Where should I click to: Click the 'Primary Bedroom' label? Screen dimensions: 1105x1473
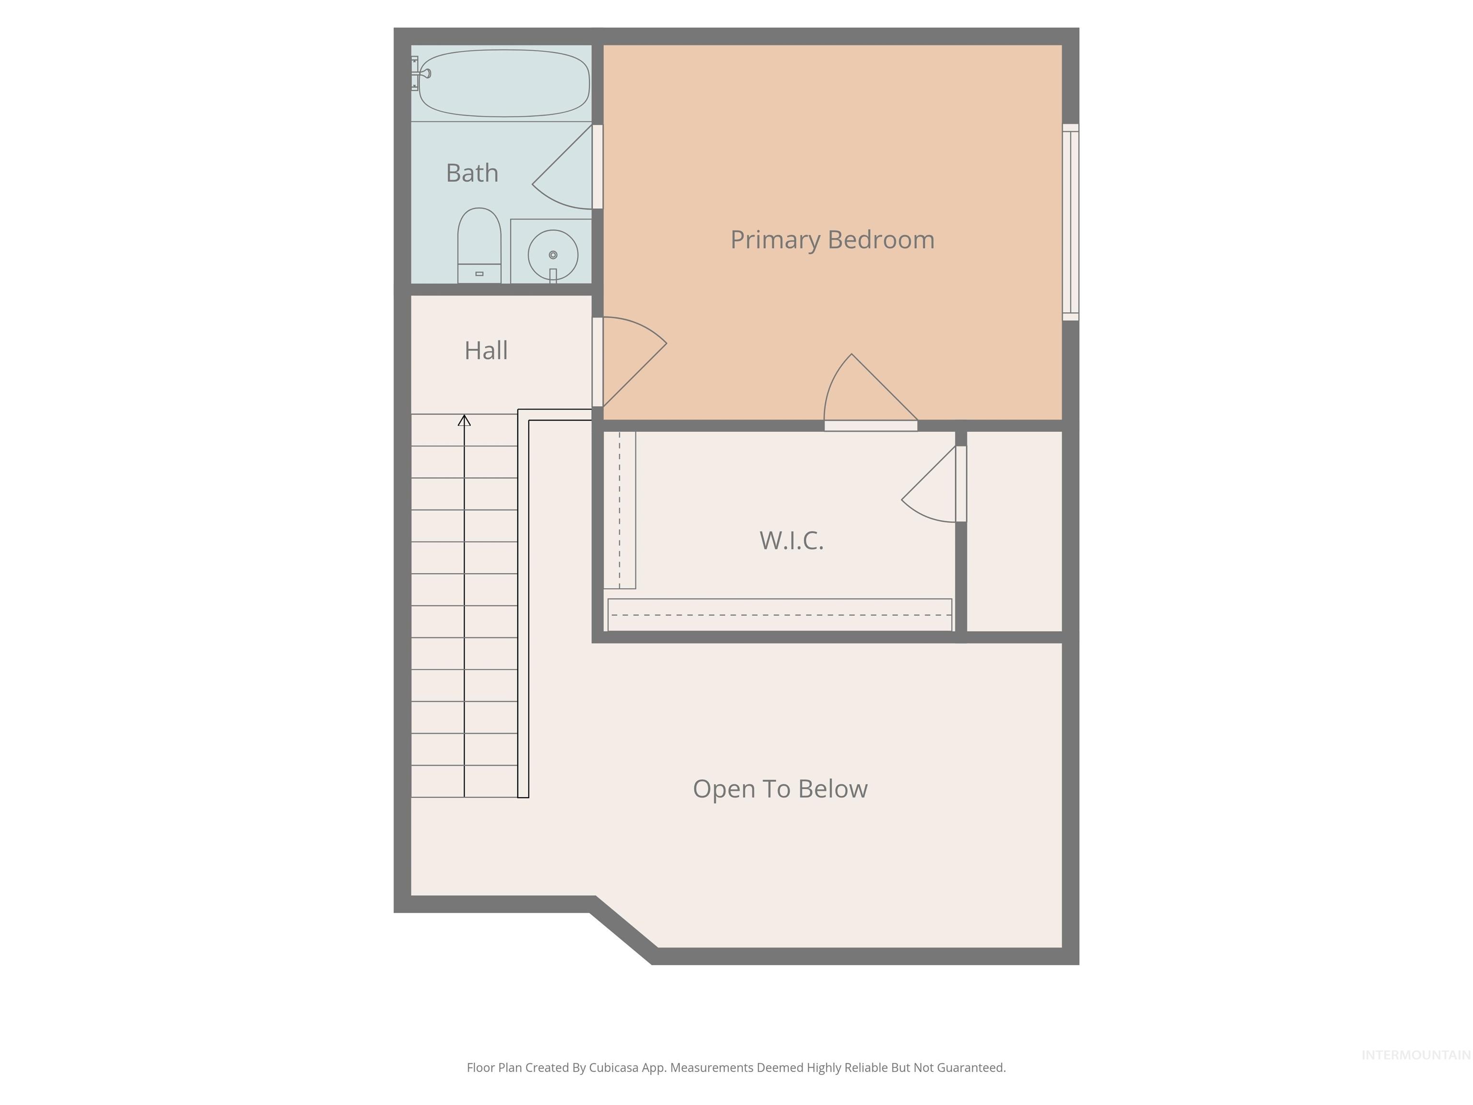point(832,240)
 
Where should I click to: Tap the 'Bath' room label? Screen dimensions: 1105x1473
point(472,173)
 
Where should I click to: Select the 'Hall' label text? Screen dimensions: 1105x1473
point(486,351)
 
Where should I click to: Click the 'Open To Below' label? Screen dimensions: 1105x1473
point(780,788)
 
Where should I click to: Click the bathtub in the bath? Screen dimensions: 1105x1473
point(504,83)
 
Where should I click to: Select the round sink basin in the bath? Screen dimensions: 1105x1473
point(553,255)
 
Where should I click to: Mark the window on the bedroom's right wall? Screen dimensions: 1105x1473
point(1070,222)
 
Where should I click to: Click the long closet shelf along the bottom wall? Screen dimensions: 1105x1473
point(779,614)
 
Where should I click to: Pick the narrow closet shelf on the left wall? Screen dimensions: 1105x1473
point(620,509)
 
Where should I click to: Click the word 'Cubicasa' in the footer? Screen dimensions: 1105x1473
point(613,1068)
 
